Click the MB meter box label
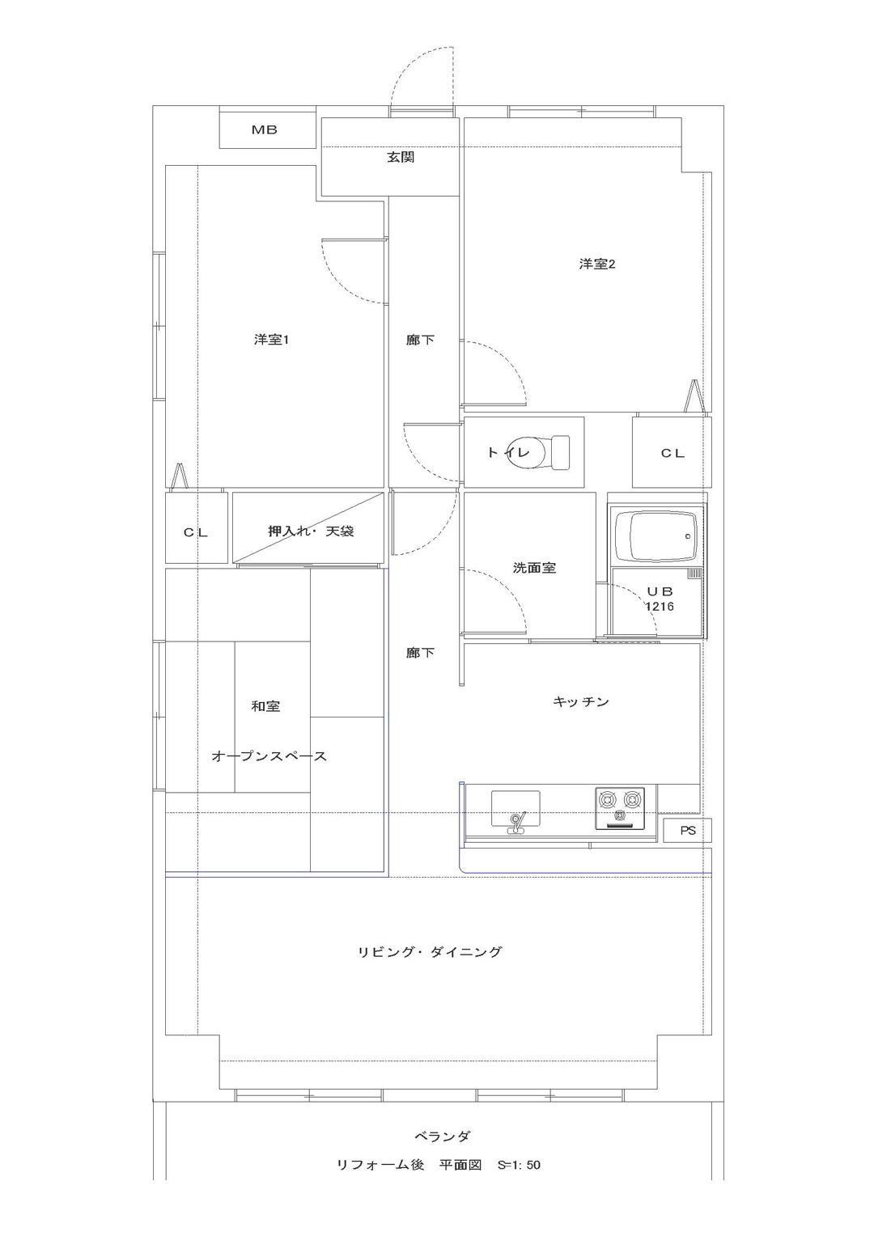(x=265, y=130)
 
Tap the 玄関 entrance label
(x=401, y=158)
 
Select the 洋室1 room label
(x=272, y=340)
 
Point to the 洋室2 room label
(x=597, y=265)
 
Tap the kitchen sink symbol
(x=515, y=812)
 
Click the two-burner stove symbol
(x=619, y=808)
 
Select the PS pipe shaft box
(x=687, y=831)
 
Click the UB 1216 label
(x=660, y=599)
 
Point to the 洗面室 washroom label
(x=534, y=567)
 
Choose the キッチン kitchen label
(x=580, y=702)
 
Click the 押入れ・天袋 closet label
(x=311, y=532)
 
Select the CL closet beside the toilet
(x=672, y=452)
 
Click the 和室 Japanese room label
(x=265, y=705)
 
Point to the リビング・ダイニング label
(x=430, y=951)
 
